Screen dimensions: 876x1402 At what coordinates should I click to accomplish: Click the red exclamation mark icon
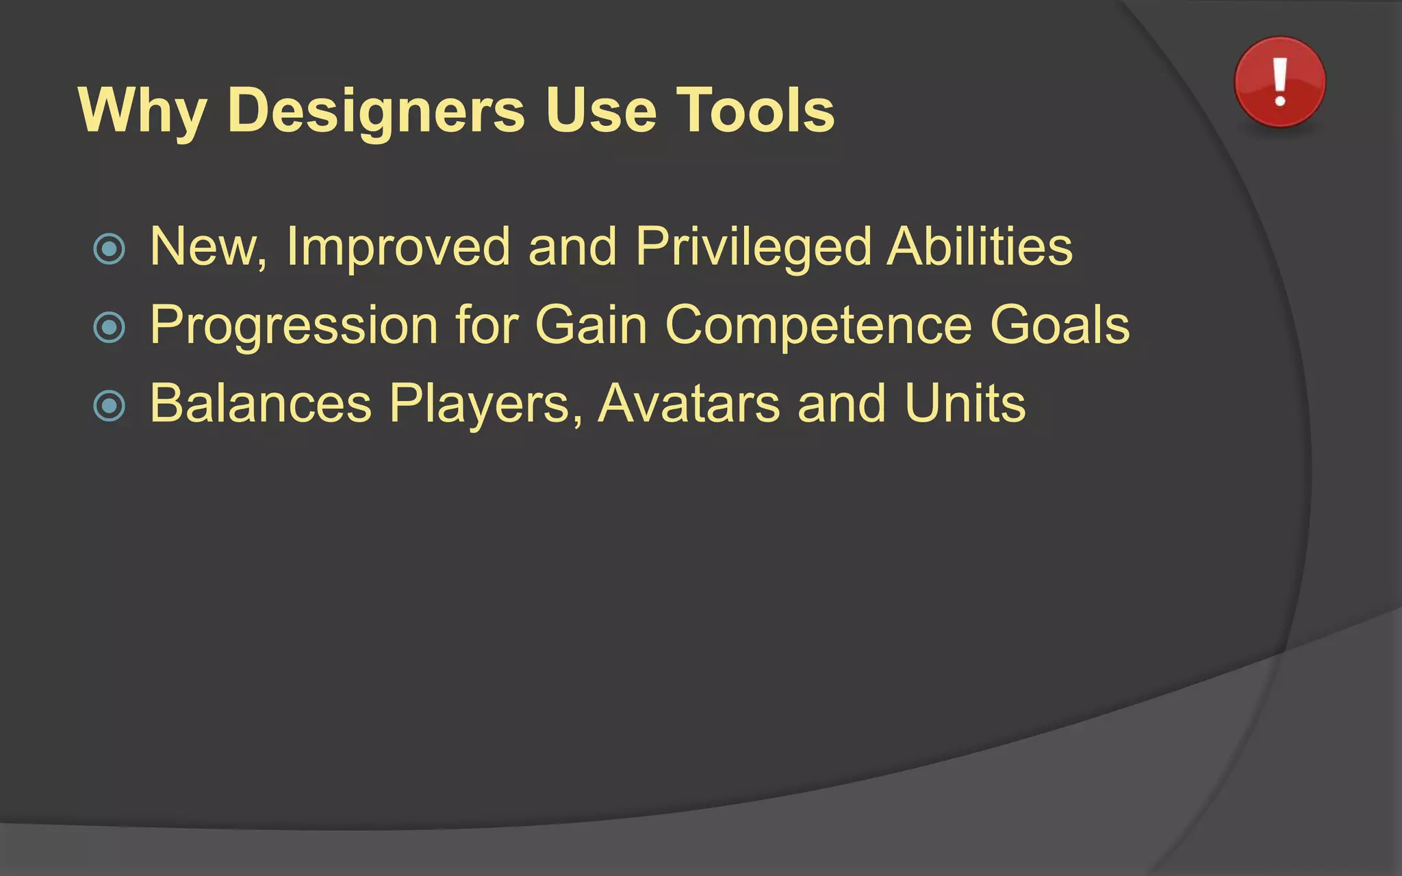pos(1279,82)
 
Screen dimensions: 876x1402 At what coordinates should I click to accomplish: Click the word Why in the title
pos(142,111)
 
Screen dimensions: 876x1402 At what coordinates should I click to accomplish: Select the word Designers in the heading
pos(375,111)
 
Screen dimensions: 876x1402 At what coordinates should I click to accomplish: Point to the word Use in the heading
pos(601,111)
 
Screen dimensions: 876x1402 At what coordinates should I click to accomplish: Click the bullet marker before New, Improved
pos(110,248)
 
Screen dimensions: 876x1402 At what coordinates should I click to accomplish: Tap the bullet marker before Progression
pos(110,327)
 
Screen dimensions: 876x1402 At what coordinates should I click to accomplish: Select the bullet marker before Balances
pos(110,406)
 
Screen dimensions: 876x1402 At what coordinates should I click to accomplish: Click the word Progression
pos(294,325)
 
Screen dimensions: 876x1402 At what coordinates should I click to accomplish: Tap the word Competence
pos(818,325)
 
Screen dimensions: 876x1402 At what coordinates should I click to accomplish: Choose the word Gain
pos(591,325)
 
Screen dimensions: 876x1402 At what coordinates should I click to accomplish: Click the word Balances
pos(260,404)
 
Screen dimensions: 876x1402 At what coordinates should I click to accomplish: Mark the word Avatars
pos(689,404)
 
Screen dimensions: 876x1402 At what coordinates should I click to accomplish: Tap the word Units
pos(965,404)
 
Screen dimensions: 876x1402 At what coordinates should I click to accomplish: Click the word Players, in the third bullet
pos(485,404)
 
